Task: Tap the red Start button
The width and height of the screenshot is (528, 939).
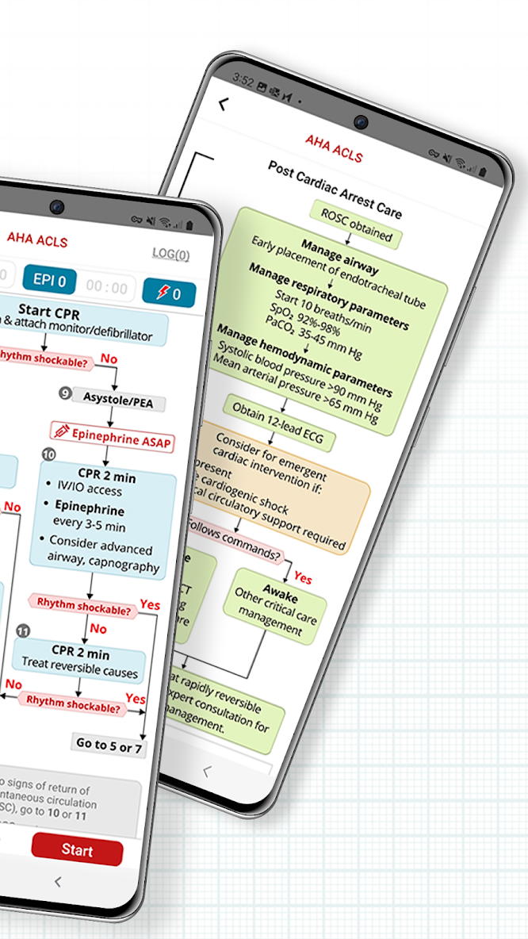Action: coord(77,849)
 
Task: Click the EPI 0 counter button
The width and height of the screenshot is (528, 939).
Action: coord(49,280)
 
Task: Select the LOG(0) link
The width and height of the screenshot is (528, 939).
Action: coord(170,255)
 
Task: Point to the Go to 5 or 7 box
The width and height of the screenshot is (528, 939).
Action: coord(109,745)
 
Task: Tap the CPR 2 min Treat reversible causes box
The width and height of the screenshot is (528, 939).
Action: coord(78,662)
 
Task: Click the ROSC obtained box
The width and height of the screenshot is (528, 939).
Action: coord(356,224)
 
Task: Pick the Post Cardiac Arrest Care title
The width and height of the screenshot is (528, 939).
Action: coord(334,190)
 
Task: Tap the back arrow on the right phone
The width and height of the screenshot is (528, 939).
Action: coord(224,103)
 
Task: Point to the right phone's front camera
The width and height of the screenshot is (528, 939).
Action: coord(361,122)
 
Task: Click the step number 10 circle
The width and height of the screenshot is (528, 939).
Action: coord(49,454)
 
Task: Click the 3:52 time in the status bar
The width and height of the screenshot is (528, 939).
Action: coord(243,79)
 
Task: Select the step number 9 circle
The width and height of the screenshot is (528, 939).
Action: coord(64,393)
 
